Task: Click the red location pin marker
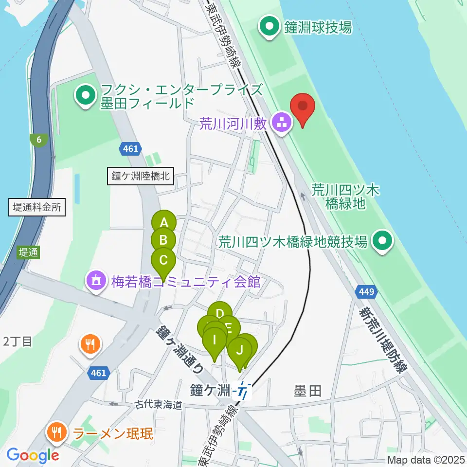[x=303, y=106]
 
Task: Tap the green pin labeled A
[x=164, y=223]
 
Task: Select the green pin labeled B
[x=163, y=239]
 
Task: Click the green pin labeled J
[x=239, y=349]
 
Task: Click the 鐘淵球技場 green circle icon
[x=269, y=27]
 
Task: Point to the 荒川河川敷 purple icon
[x=281, y=124]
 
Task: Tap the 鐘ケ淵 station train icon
[x=242, y=390]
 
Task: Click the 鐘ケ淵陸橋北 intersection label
[x=140, y=176]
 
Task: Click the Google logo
[x=33, y=455]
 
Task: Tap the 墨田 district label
[x=307, y=390]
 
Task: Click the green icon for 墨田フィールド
[x=87, y=96]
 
